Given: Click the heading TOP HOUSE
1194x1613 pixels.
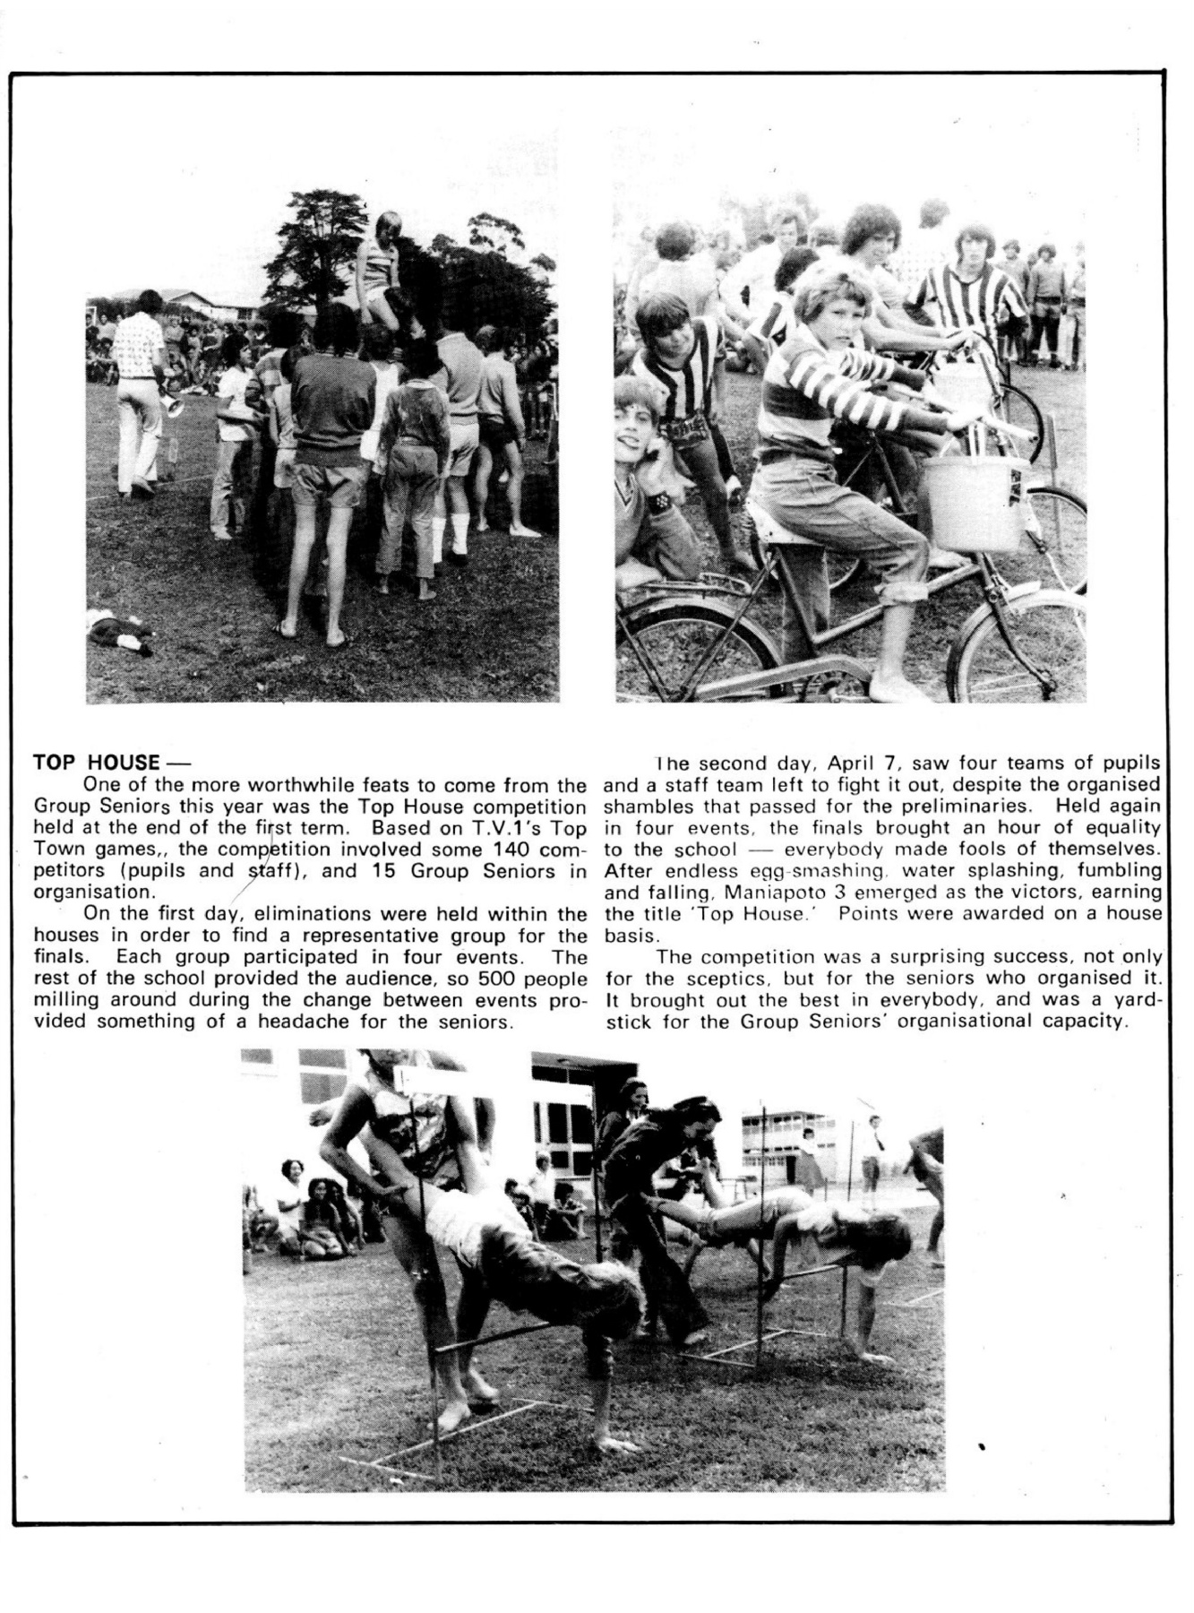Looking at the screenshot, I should [97, 763].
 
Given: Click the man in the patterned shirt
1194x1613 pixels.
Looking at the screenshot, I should [139, 376].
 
